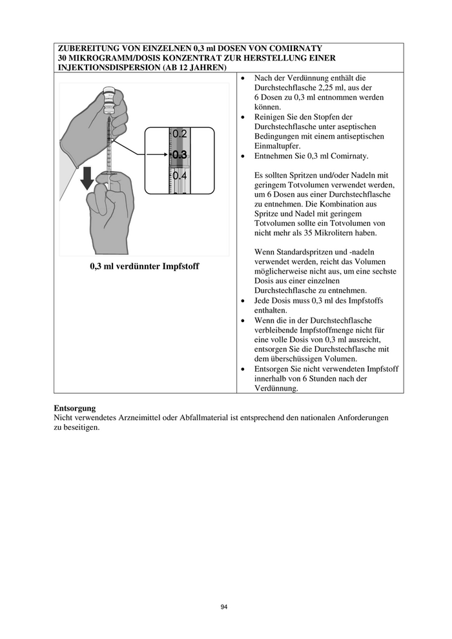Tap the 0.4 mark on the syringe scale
pyautogui.click(x=180, y=175)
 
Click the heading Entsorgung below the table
pyautogui.click(x=75, y=409)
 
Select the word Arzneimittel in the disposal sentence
pyautogui.click(x=141, y=418)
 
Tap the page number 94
pyautogui.click(x=224, y=607)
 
